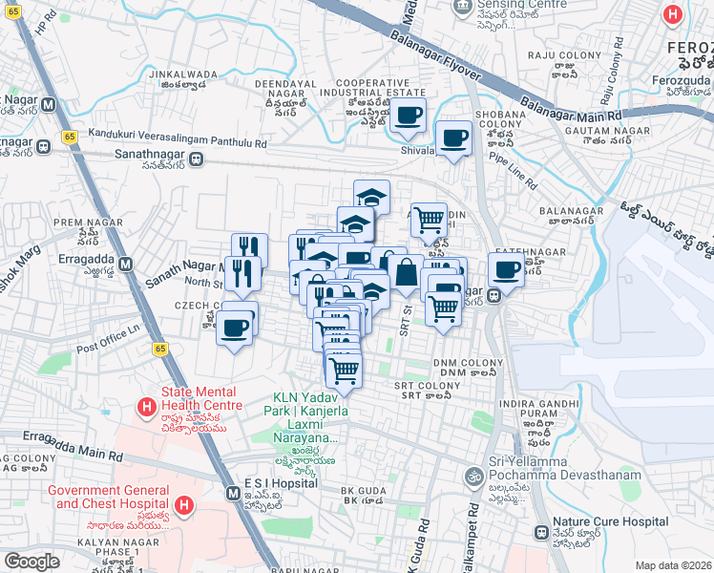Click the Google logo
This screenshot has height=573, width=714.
31,562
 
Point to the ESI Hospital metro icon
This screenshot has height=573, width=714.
234,493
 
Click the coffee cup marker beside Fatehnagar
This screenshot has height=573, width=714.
507,269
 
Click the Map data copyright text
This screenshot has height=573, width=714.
673,565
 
